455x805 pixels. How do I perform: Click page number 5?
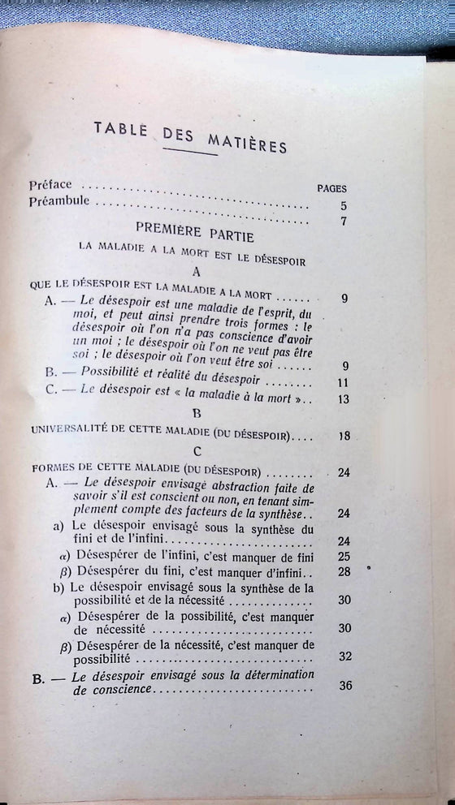[344, 206]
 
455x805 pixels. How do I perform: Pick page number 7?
[344, 224]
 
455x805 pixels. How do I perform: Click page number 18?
[344, 437]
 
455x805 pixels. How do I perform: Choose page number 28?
[344, 573]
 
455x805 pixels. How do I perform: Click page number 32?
[345, 657]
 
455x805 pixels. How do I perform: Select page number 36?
[345, 685]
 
